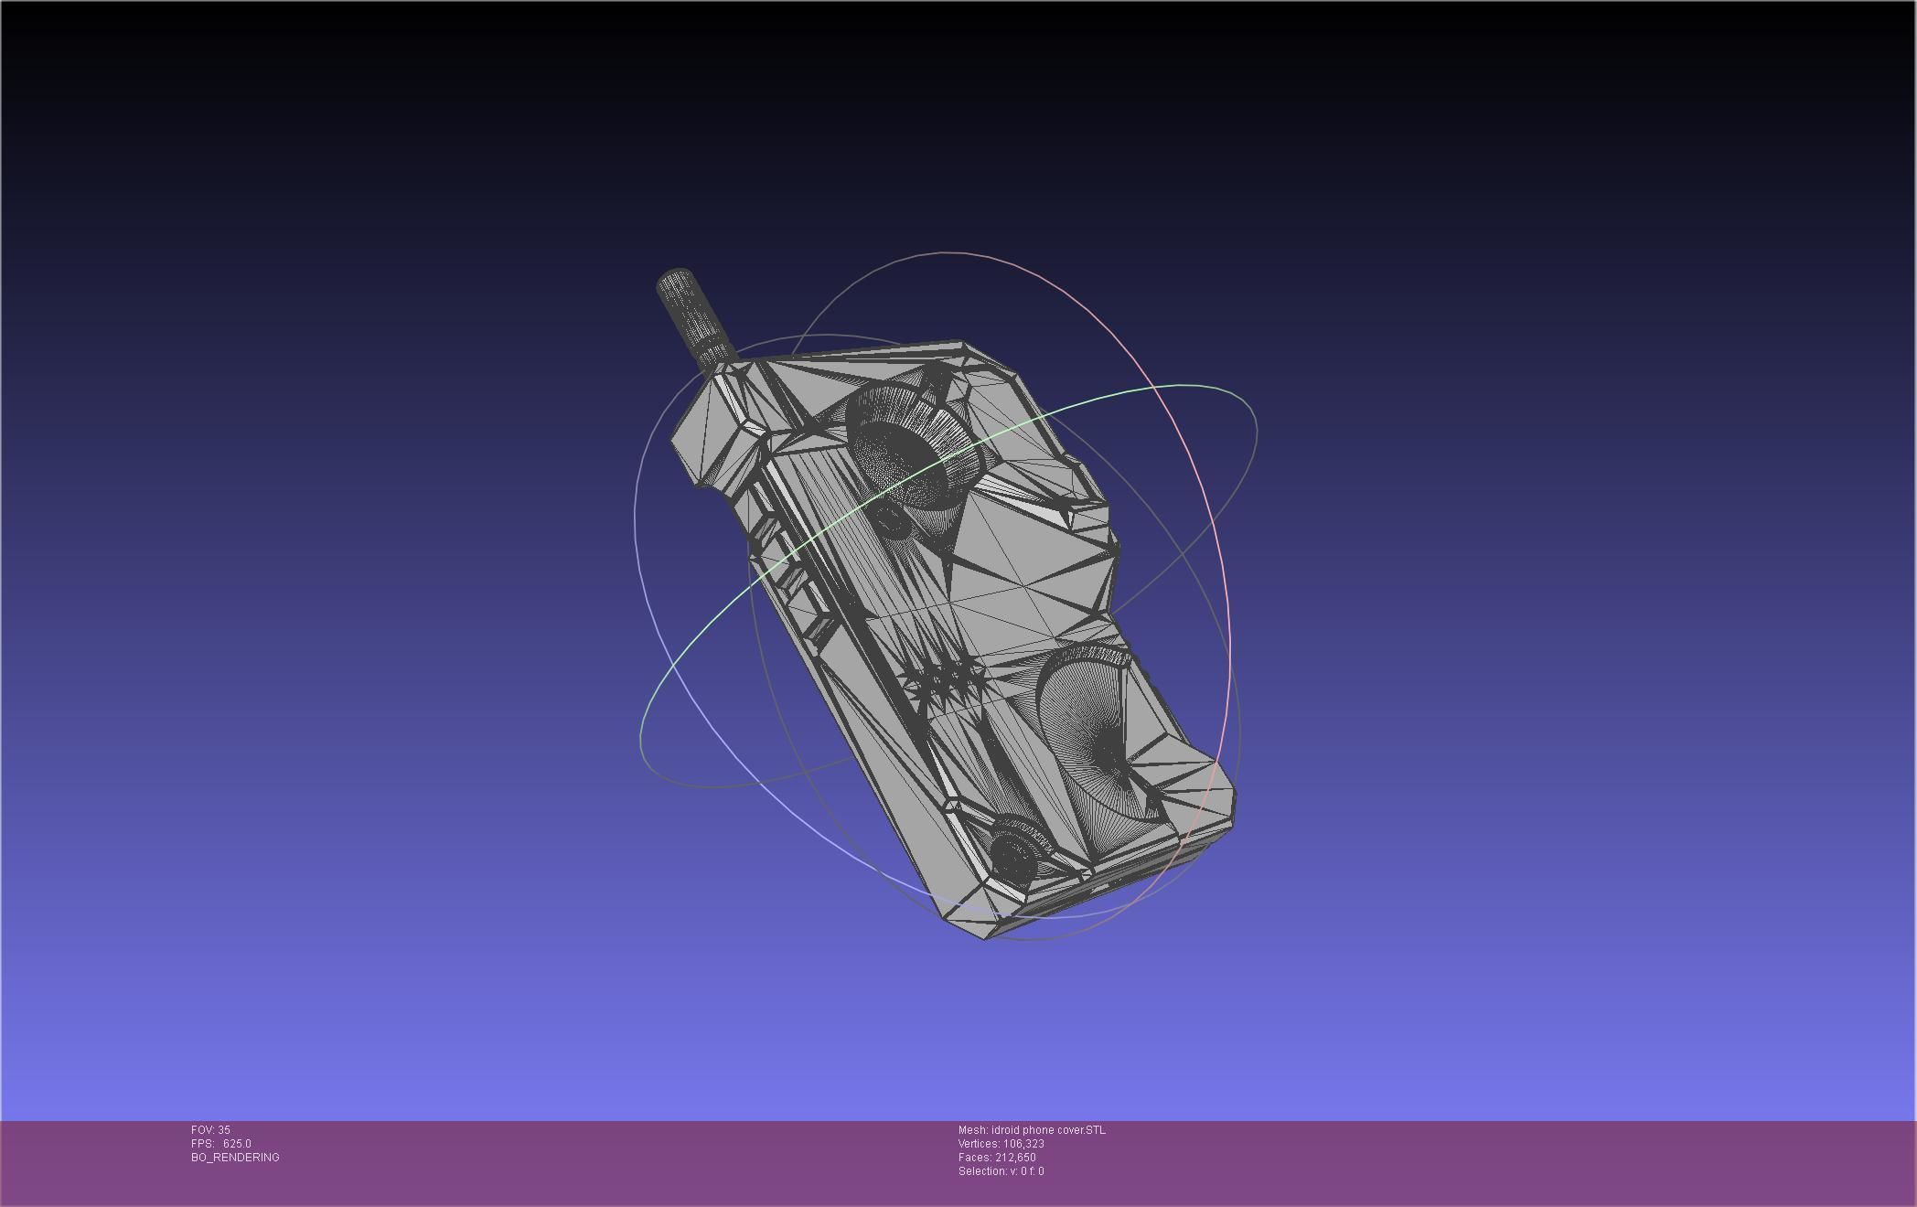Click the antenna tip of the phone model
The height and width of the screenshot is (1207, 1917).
pos(675,278)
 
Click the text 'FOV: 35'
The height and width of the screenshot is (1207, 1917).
pos(210,1130)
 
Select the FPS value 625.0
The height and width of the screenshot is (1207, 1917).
pos(237,1144)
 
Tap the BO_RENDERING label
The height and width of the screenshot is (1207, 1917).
pos(235,1158)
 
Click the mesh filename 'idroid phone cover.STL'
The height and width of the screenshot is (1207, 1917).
pos(1047,1130)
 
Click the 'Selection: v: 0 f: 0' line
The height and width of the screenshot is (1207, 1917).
pos(1001,1171)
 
